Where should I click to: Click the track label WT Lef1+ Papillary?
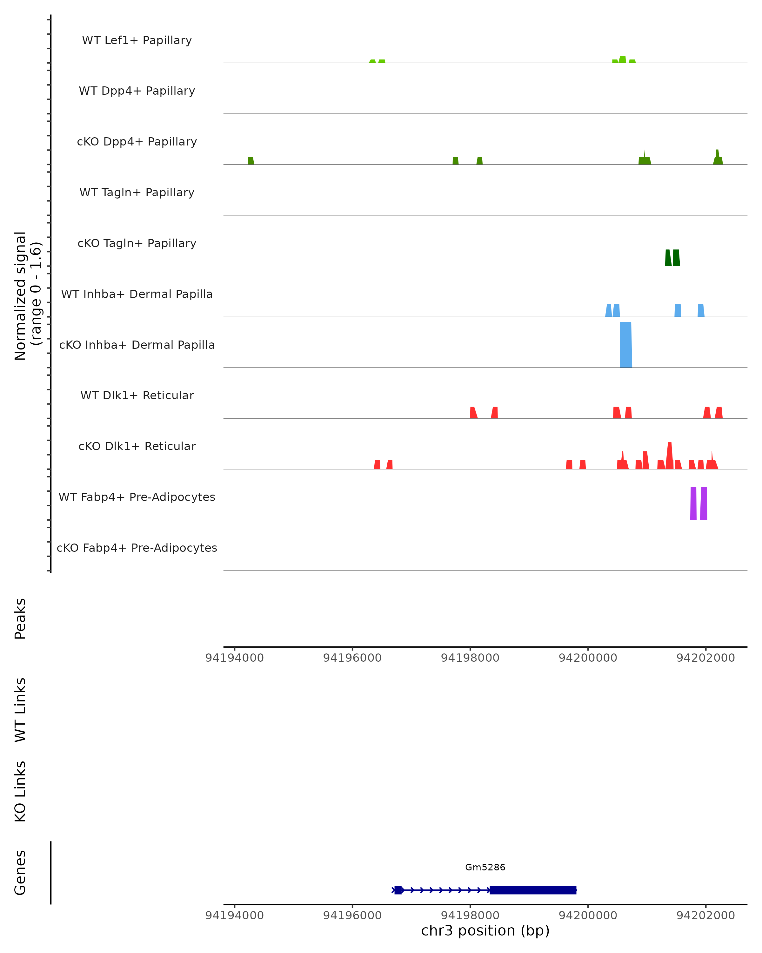pyautogui.click(x=137, y=40)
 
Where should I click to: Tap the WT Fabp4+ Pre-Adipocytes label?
pyautogui.click(x=137, y=497)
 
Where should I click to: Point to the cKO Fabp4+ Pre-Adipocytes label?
pyautogui.click(x=137, y=548)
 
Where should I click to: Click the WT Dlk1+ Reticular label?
pyautogui.click(x=137, y=395)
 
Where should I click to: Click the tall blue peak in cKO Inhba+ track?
pyautogui.click(x=625, y=345)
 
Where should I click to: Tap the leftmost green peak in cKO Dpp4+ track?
pyautogui.click(x=251, y=160)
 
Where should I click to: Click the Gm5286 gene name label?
pyautogui.click(x=485, y=867)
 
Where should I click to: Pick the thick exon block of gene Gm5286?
pyautogui.click(x=533, y=890)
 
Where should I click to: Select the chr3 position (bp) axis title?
pyautogui.click(x=485, y=930)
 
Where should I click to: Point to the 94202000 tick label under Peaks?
pyautogui.click(x=705, y=658)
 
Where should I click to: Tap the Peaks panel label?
pyautogui.click(x=20, y=619)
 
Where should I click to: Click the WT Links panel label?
pyautogui.click(x=20, y=710)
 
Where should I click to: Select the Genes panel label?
pyautogui.click(x=20, y=873)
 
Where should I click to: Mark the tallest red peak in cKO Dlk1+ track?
pyautogui.click(x=670, y=455)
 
